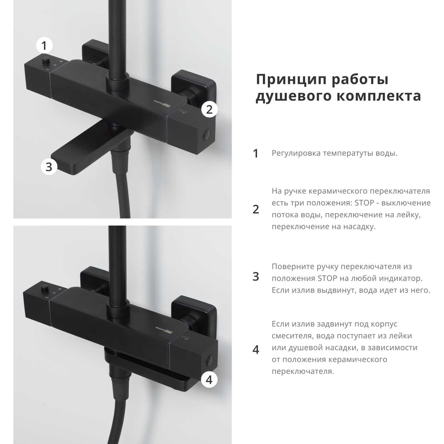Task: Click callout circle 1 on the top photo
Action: click(x=44, y=46)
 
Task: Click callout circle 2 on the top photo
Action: click(x=209, y=110)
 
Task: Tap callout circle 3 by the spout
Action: click(x=49, y=166)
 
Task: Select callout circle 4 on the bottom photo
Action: click(x=209, y=380)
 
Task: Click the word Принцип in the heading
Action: click(x=291, y=80)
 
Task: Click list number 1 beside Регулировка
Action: click(x=255, y=154)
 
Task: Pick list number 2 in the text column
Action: click(x=255, y=209)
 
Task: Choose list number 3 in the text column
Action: click(x=255, y=276)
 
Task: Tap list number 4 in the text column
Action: click(x=255, y=350)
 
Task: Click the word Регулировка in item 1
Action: click(x=296, y=154)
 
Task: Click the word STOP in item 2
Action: click(x=364, y=203)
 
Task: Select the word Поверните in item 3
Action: click(x=293, y=267)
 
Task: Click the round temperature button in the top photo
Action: click(x=46, y=60)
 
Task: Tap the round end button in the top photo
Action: click(x=207, y=135)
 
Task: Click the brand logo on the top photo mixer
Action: click(x=162, y=103)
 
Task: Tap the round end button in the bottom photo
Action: click(x=209, y=360)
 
